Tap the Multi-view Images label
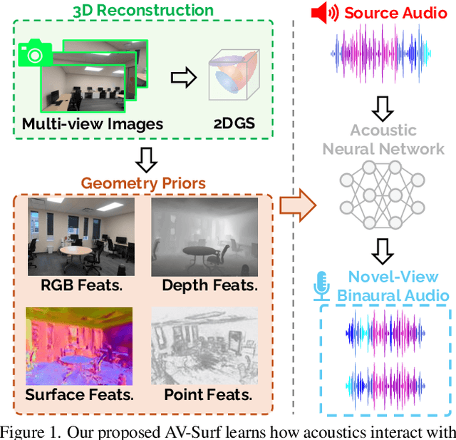pos(93,123)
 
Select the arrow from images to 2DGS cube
pos(184,78)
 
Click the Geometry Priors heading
pos(143,183)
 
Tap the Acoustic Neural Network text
pos(383,140)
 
